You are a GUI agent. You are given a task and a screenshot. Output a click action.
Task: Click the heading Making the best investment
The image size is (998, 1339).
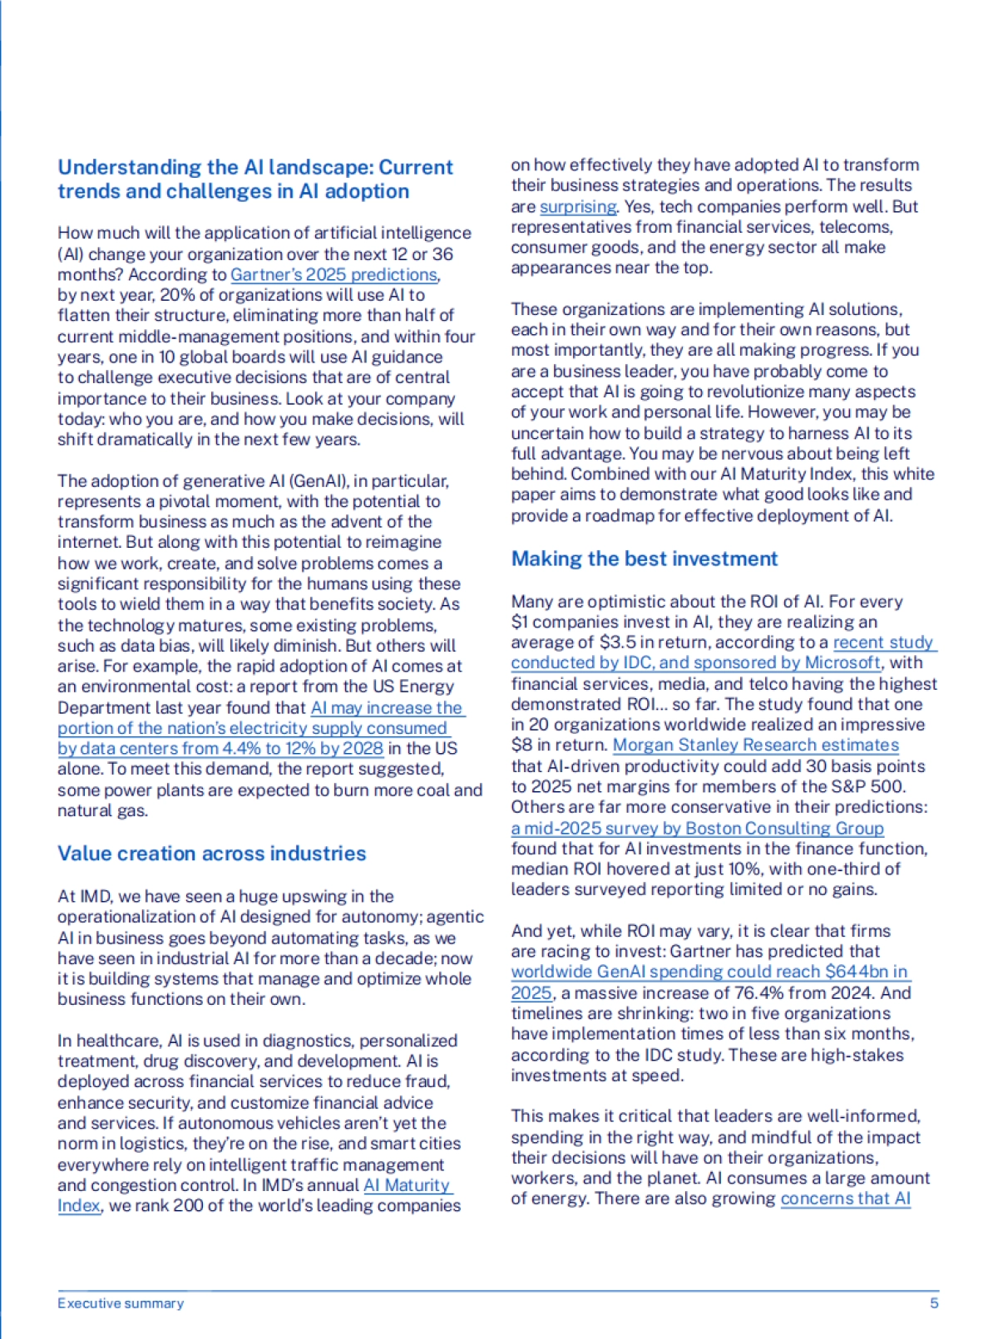click(644, 559)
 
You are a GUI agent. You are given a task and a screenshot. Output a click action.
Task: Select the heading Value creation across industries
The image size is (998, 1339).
click(211, 854)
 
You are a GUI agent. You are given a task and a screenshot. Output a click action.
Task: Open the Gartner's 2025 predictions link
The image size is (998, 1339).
click(333, 274)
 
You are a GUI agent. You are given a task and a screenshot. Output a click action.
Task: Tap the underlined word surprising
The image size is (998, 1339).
click(577, 206)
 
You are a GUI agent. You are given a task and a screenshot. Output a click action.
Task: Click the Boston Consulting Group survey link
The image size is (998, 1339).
click(697, 828)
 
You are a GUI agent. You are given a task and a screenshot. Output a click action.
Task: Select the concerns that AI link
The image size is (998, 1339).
click(845, 1199)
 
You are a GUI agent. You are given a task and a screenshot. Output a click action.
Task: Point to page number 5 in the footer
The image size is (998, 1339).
click(934, 1303)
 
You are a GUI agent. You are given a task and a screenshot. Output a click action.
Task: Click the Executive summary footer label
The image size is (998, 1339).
click(121, 1303)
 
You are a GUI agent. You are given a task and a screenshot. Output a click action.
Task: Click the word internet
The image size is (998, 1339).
click(89, 543)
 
